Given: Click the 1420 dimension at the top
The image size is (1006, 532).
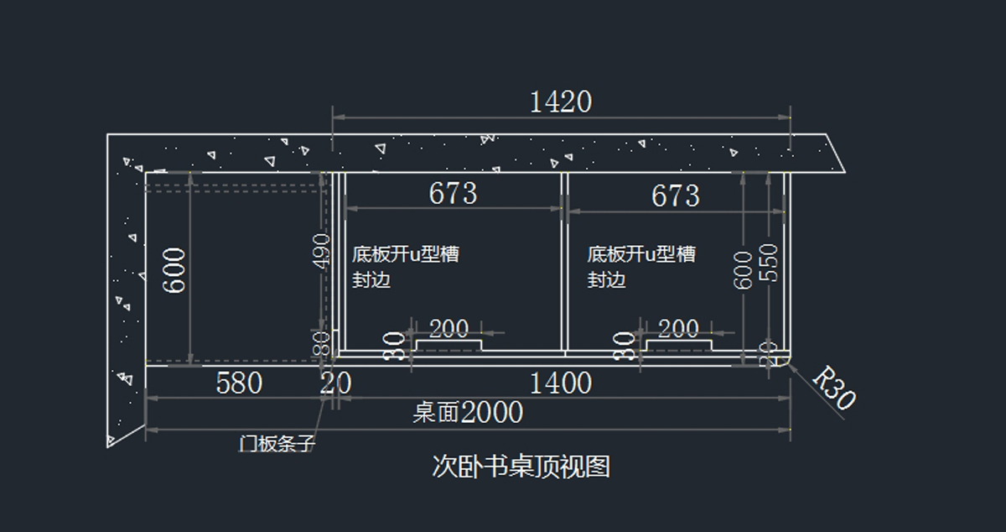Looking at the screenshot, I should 560,102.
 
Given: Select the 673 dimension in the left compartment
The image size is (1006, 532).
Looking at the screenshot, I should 453,194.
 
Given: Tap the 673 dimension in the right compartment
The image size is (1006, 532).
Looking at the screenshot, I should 675,196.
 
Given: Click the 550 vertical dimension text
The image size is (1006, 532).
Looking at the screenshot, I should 768,263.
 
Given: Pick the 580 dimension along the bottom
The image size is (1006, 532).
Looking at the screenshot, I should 239,384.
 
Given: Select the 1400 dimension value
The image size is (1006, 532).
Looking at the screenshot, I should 561,384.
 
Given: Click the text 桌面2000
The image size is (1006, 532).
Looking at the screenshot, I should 468,413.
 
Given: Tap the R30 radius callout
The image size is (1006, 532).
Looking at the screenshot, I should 834,387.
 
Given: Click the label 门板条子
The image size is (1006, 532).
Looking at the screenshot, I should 277,443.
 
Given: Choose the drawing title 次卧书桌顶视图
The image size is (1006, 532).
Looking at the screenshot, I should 521,466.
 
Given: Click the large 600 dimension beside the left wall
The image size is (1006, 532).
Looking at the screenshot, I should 175,269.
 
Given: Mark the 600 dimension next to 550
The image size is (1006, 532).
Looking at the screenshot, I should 744,270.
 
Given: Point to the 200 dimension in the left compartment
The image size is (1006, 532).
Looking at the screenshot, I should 449,328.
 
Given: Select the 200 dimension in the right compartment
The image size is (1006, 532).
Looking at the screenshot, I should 678,328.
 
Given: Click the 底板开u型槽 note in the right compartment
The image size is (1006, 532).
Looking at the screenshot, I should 641,253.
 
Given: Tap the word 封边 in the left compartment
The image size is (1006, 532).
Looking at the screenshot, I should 371,280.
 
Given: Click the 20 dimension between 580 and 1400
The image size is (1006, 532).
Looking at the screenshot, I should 336,384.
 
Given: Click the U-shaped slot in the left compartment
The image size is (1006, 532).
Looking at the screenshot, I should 449,345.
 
